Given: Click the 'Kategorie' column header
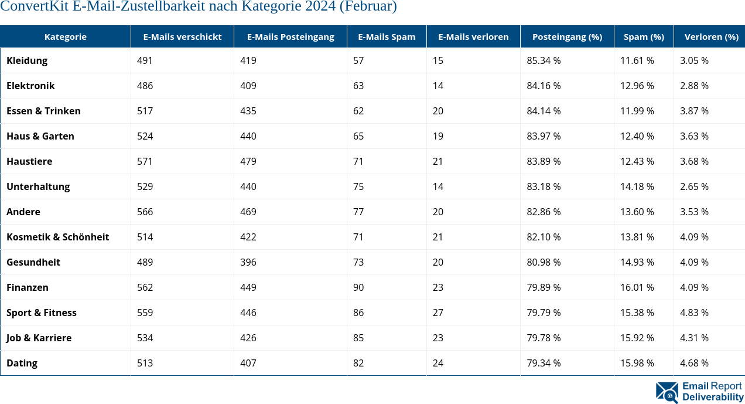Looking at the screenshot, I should click(65, 36).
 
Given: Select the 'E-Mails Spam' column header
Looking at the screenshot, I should click(387, 36).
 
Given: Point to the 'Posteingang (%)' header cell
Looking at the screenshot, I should click(567, 36).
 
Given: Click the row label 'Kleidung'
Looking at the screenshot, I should click(27, 60).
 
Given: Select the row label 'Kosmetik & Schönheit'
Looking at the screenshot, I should click(57, 237).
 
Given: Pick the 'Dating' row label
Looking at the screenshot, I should click(22, 363).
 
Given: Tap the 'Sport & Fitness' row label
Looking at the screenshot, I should click(42, 313).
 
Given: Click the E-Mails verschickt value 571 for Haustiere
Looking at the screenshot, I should click(145, 161).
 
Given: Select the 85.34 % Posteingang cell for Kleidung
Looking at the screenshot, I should click(544, 60).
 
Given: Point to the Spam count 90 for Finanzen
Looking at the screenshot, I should click(358, 287).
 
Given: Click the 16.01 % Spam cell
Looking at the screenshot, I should click(637, 287).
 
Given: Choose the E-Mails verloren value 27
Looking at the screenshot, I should click(438, 313).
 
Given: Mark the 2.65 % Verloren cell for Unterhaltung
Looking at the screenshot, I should click(694, 186).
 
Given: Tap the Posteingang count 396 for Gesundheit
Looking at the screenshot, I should click(248, 262).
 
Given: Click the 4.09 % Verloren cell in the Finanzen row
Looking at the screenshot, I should click(694, 287).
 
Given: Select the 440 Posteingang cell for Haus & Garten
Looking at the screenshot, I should click(248, 136).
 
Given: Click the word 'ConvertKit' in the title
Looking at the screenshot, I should click(34, 6).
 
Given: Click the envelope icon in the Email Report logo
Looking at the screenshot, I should click(667, 392).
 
